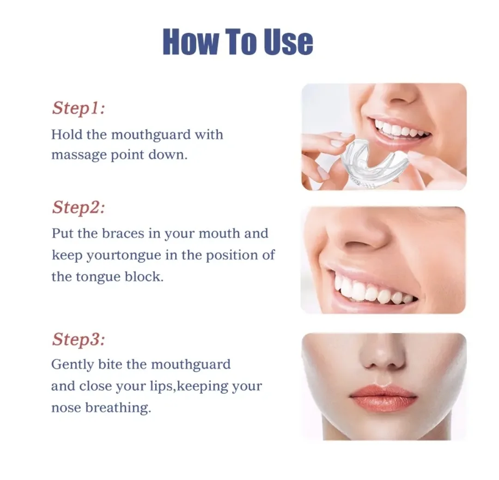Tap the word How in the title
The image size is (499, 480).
click(190, 42)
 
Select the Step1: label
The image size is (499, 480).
click(78, 108)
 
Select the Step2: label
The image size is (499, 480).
click(78, 207)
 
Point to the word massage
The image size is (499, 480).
click(79, 156)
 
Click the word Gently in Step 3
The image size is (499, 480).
click(73, 365)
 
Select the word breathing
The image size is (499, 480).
click(118, 408)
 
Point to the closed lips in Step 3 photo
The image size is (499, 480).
click(383, 397)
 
